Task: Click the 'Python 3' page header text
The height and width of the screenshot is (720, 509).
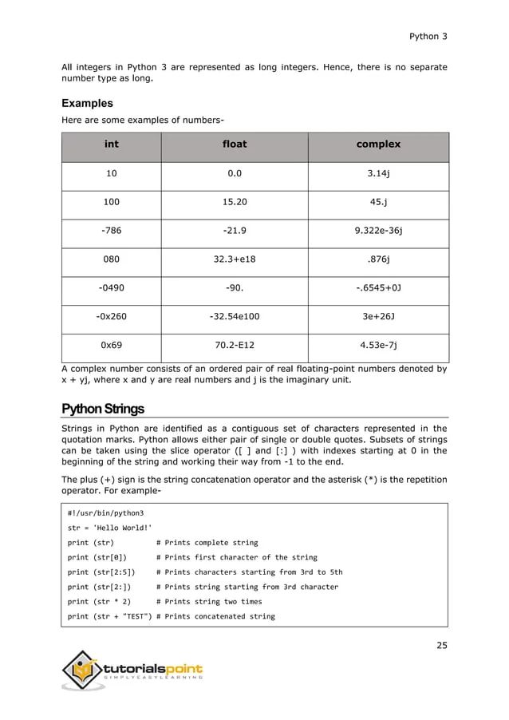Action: [x=428, y=36]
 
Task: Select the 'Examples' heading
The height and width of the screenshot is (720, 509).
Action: [x=87, y=104]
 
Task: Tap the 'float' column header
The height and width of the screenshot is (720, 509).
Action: [x=234, y=144]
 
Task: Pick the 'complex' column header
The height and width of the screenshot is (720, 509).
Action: [x=378, y=144]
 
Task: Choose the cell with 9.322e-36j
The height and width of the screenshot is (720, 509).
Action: [x=378, y=231]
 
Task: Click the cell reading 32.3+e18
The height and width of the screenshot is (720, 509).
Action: [x=234, y=259]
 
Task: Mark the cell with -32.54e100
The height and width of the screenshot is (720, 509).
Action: [x=234, y=316]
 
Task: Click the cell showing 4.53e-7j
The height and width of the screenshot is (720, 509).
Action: [x=378, y=345]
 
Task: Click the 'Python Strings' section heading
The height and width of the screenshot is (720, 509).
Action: [x=103, y=409]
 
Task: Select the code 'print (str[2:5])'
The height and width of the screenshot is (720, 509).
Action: [x=101, y=572]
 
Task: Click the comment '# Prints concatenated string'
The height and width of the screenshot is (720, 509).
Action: [x=215, y=616]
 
